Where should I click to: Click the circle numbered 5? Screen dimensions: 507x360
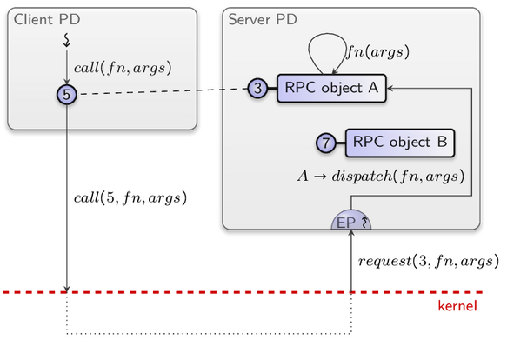click(x=67, y=95)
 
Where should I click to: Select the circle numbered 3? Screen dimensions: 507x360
click(x=257, y=88)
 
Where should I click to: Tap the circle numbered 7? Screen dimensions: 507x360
click(x=326, y=143)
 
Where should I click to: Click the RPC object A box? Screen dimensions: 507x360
click(x=331, y=89)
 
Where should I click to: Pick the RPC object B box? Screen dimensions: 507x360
click(x=400, y=143)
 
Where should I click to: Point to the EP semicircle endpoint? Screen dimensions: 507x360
click(x=351, y=220)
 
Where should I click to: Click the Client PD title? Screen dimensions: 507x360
click(x=47, y=19)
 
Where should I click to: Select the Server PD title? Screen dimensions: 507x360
click(x=263, y=19)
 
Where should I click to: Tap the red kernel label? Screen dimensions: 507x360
click(x=457, y=306)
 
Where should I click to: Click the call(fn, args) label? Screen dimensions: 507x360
click(x=123, y=68)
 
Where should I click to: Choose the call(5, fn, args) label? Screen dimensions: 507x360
click(x=130, y=197)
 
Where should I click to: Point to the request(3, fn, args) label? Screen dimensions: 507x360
click(x=429, y=261)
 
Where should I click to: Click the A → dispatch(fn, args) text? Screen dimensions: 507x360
click(x=381, y=177)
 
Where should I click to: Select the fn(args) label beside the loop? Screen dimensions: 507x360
click(x=378, y=52)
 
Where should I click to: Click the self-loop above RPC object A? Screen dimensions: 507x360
click(x=327, y=34)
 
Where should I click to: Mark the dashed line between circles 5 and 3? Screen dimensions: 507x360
click(x=163, y=91)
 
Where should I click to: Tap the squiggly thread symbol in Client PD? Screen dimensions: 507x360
click(x=67, y=40)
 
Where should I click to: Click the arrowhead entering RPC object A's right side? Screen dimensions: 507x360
click(x=390, y=88)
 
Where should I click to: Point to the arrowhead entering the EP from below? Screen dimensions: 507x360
click(x=351, y=233)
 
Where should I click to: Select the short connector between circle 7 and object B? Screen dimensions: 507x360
click(x=341, y=143)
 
